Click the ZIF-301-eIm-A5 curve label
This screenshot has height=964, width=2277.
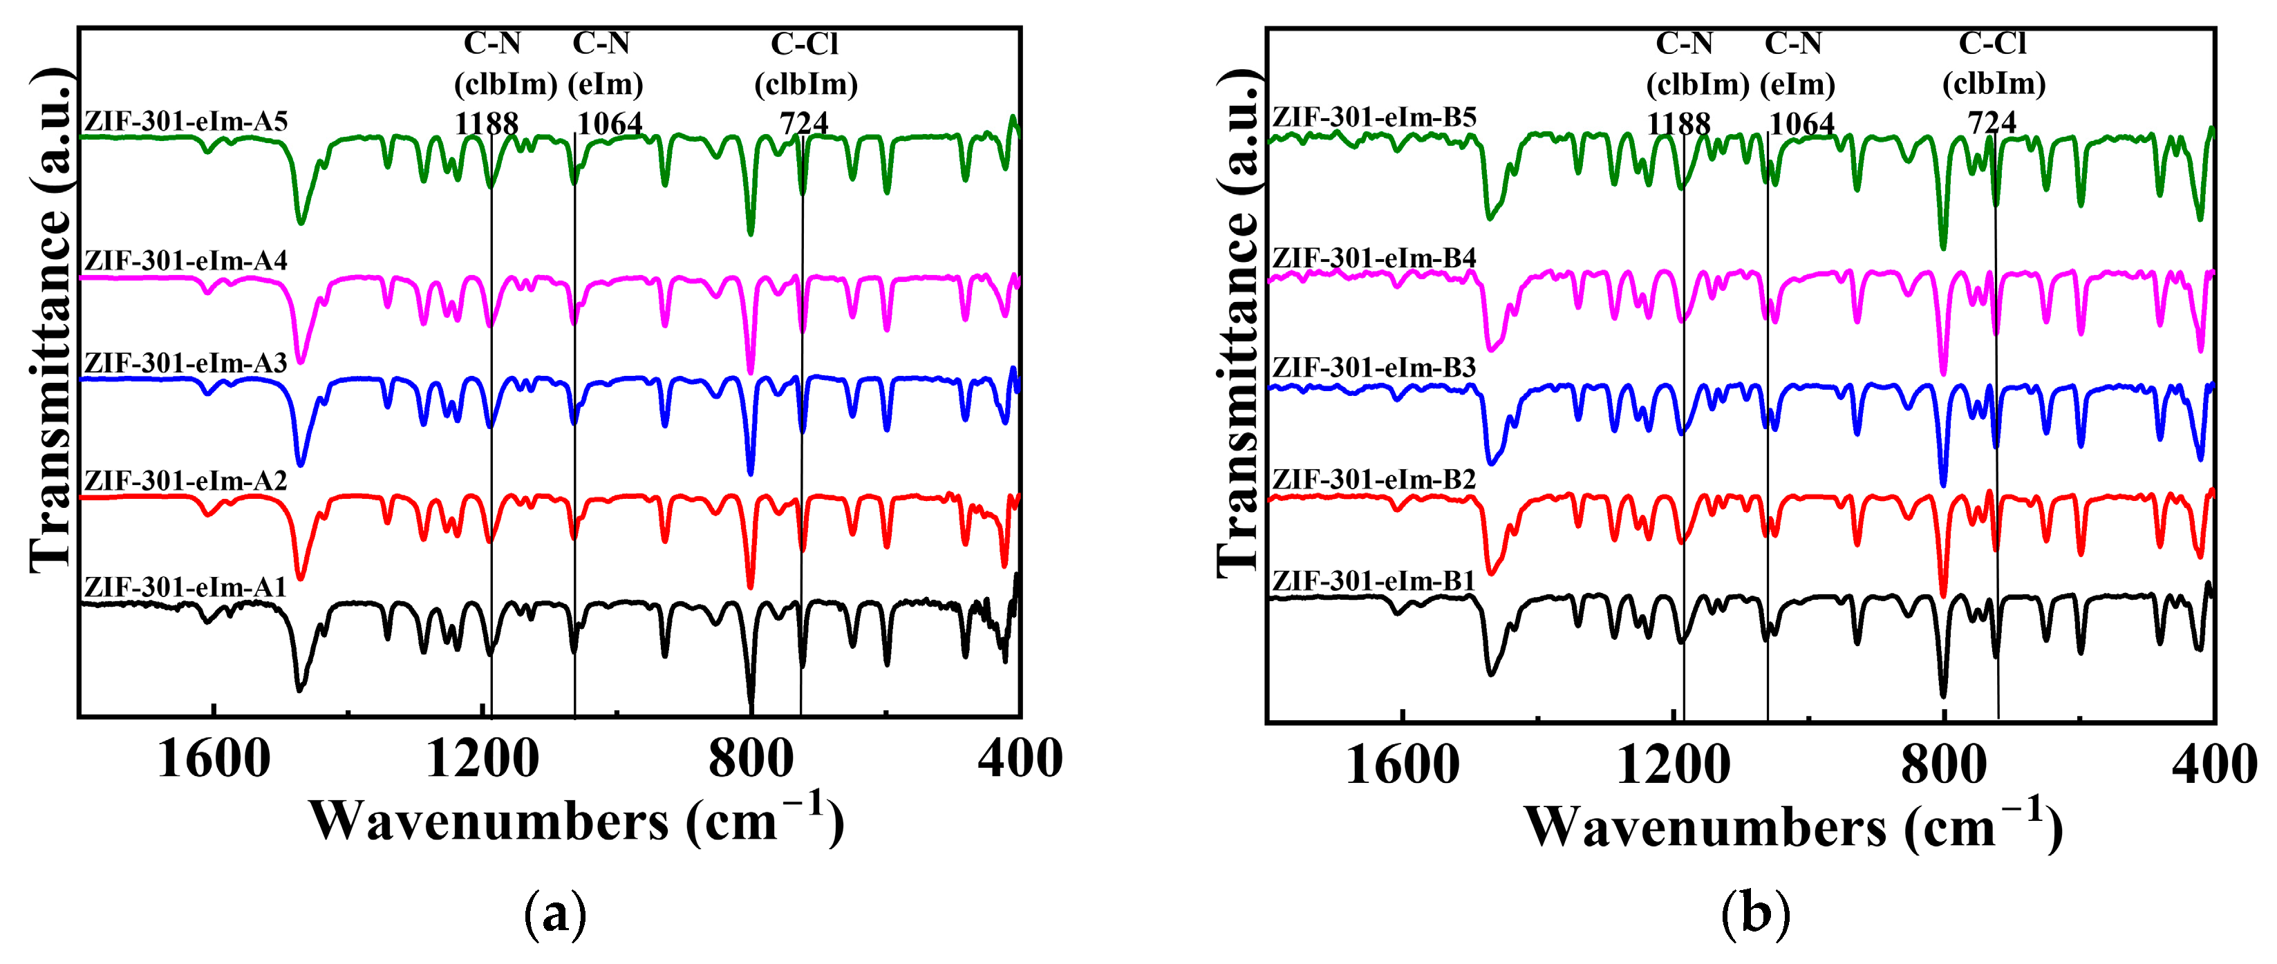(186, 121)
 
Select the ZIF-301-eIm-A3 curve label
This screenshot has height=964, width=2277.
(186, 363)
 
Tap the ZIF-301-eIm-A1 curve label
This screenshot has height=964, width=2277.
(186, 587)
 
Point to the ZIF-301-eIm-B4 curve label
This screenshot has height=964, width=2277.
(1374, 258)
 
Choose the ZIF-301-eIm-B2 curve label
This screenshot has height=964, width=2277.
(1374, 479)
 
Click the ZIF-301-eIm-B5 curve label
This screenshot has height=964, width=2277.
(1374, 117)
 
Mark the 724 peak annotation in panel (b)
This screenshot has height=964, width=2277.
(1992, 122)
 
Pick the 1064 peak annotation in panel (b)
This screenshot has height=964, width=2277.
(1802, 123)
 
